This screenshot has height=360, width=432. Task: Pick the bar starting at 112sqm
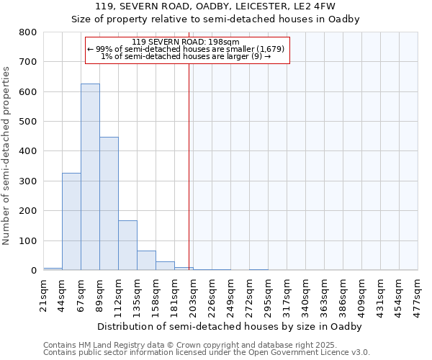click(x=127, y=246)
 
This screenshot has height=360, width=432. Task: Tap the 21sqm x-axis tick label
click(x=44, y=294)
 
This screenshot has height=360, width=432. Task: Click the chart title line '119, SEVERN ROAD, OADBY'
click(x=215, y=6)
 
